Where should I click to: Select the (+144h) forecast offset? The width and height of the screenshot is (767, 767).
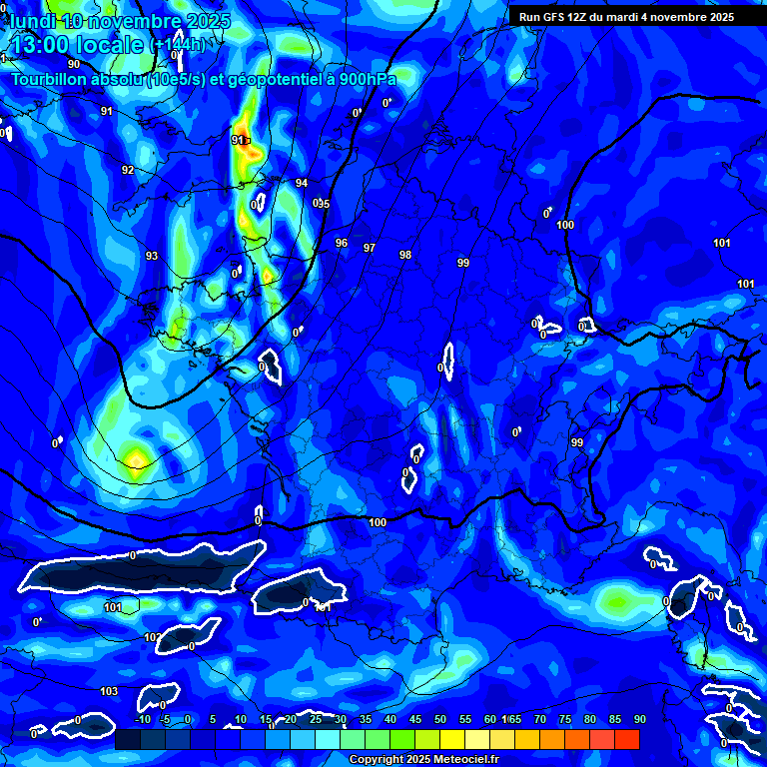click(178, 45)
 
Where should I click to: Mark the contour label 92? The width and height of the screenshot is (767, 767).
click(128, 171)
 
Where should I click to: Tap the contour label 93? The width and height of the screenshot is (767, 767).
click(152, 257)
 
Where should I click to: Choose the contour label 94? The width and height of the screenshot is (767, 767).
click(302, 184)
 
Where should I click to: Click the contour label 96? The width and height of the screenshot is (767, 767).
click(342, 244)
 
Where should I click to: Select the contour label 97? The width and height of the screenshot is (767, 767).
click(370, 248)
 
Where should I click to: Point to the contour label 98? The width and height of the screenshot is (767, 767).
click(405, 256)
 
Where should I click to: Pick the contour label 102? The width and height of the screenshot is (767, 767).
click(151, 638)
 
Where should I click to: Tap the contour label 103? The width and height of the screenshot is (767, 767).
click(109, 691)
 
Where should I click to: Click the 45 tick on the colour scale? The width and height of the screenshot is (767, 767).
click(415, 720)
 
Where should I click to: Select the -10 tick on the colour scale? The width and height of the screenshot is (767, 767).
click(142, 720)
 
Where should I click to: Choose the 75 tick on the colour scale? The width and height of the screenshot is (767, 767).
click(565, 720)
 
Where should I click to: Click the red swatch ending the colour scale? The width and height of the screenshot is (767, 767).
click(626, 739)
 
